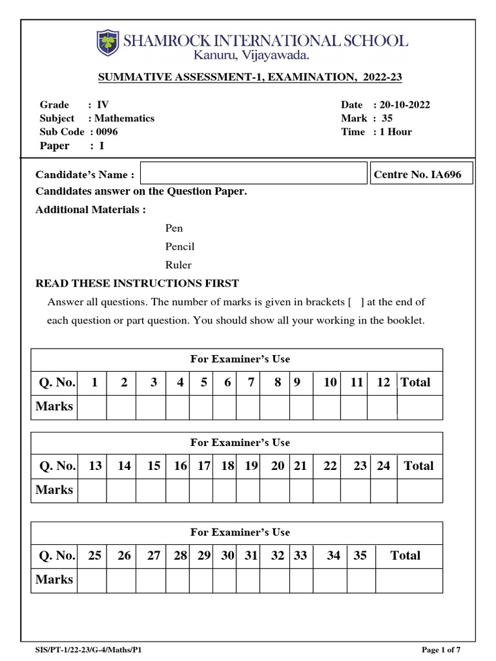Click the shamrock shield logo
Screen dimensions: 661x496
108,43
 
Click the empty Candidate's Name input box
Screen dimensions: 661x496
253,174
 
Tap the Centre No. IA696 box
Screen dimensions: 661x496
421,174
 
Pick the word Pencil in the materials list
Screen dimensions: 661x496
180,247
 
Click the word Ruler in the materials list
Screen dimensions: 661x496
178,265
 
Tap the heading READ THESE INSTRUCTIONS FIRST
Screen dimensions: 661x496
137,283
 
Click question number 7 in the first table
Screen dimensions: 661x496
250,382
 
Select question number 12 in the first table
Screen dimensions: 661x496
383,382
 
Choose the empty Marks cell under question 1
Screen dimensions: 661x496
92,407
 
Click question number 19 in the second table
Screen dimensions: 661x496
251,465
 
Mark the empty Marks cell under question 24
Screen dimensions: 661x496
383,491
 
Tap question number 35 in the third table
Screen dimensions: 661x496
360,555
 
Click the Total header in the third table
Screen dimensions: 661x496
405,555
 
